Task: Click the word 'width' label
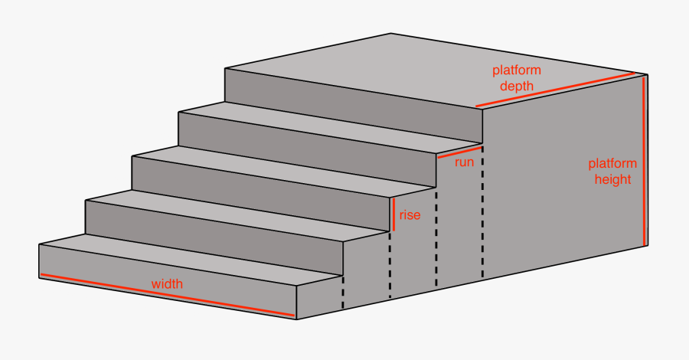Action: coord(167,283)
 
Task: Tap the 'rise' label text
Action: coord(410,215)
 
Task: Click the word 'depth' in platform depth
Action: coord(517,86)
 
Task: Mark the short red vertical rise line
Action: coord(394,215)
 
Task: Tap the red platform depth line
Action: coord(556,89)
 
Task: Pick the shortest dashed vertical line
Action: coord(343,291)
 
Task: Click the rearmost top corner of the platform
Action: coord(391,34)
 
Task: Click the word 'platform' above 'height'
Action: coord(612,163)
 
